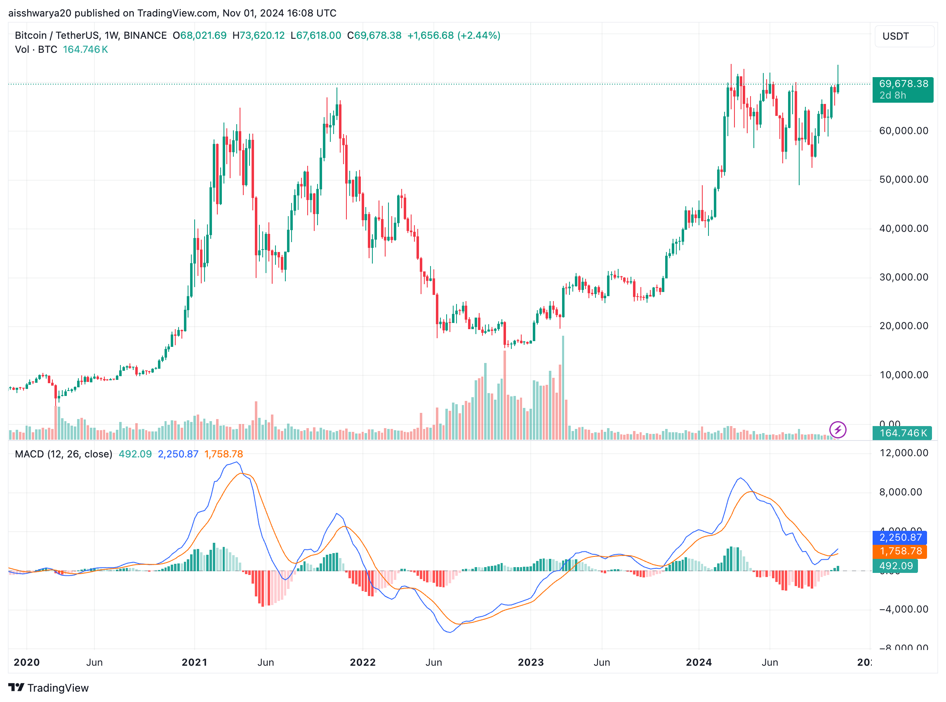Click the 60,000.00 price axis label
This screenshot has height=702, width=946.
(904, 131)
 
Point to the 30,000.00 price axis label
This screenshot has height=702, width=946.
(904, 278)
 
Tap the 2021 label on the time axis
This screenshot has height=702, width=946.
(195, 662)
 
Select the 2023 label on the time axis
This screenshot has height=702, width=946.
(531, 662)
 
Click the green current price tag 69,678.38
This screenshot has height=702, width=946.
(903, 84)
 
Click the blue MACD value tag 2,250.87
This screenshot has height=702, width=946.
(900, 537)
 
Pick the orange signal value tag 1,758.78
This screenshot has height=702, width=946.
(900, 551)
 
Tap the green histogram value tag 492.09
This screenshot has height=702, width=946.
(895, 566)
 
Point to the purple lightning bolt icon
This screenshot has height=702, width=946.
(838, 430)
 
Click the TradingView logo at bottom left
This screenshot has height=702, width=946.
(48, 688)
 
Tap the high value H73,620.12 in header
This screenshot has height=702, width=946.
(258, 36)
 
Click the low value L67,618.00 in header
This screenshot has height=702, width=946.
(315, 36)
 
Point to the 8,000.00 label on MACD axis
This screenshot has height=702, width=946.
(901, 492)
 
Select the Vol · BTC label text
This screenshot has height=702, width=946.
(36, 50)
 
